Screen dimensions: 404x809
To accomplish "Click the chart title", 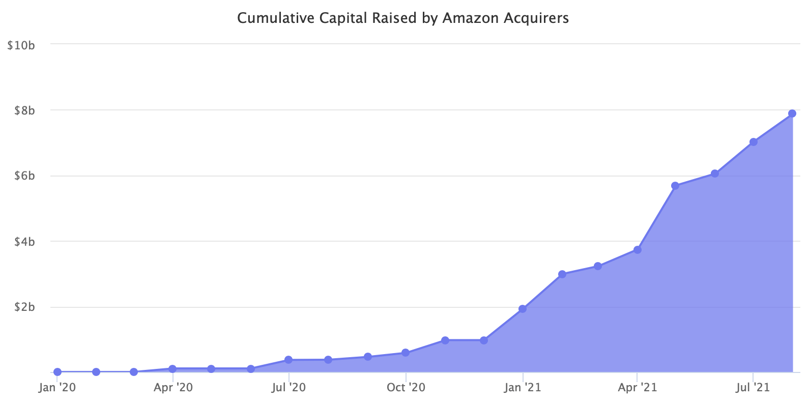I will [x=403, y=18].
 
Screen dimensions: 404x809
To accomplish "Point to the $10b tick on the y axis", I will [x=21, y=45].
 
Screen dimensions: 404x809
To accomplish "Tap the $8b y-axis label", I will [x=24, y=110].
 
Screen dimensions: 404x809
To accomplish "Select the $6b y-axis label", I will [x=24, y=176].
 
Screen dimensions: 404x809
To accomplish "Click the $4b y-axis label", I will [x=24, y=242].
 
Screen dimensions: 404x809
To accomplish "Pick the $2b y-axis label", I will [x=24, y=307].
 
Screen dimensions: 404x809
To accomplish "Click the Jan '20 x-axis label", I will [x=57, y=388].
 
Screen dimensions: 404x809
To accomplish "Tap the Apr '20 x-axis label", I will [x=173, y=388].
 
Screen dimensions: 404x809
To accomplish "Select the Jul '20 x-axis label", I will [x=288, y=388].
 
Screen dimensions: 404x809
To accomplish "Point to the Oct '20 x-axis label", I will [x=406, y=388].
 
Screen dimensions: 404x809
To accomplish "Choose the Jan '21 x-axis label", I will [x=523, y=388].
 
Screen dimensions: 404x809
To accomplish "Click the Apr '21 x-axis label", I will [x=638, y=388].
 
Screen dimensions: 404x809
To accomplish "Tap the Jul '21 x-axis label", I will [x=753, y=388].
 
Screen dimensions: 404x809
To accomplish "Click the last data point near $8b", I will [x=792, y=113].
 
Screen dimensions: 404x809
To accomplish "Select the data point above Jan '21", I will [x=523, y=309].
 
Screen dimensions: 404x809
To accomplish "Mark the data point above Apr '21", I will [x=638, y=250].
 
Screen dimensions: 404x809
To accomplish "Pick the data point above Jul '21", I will [x=754, y=142].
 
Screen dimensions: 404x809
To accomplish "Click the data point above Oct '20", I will [x=406, y=353].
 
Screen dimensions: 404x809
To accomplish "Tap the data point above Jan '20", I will [x=57, y=372].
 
